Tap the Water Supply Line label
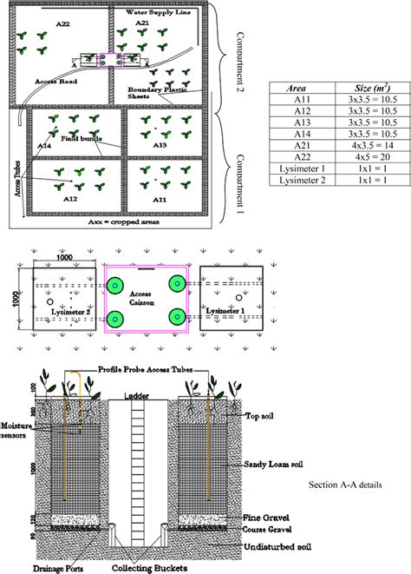pyautogui.click(x=160, y=13)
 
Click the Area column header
pyautogui.click(x=295, y=89)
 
